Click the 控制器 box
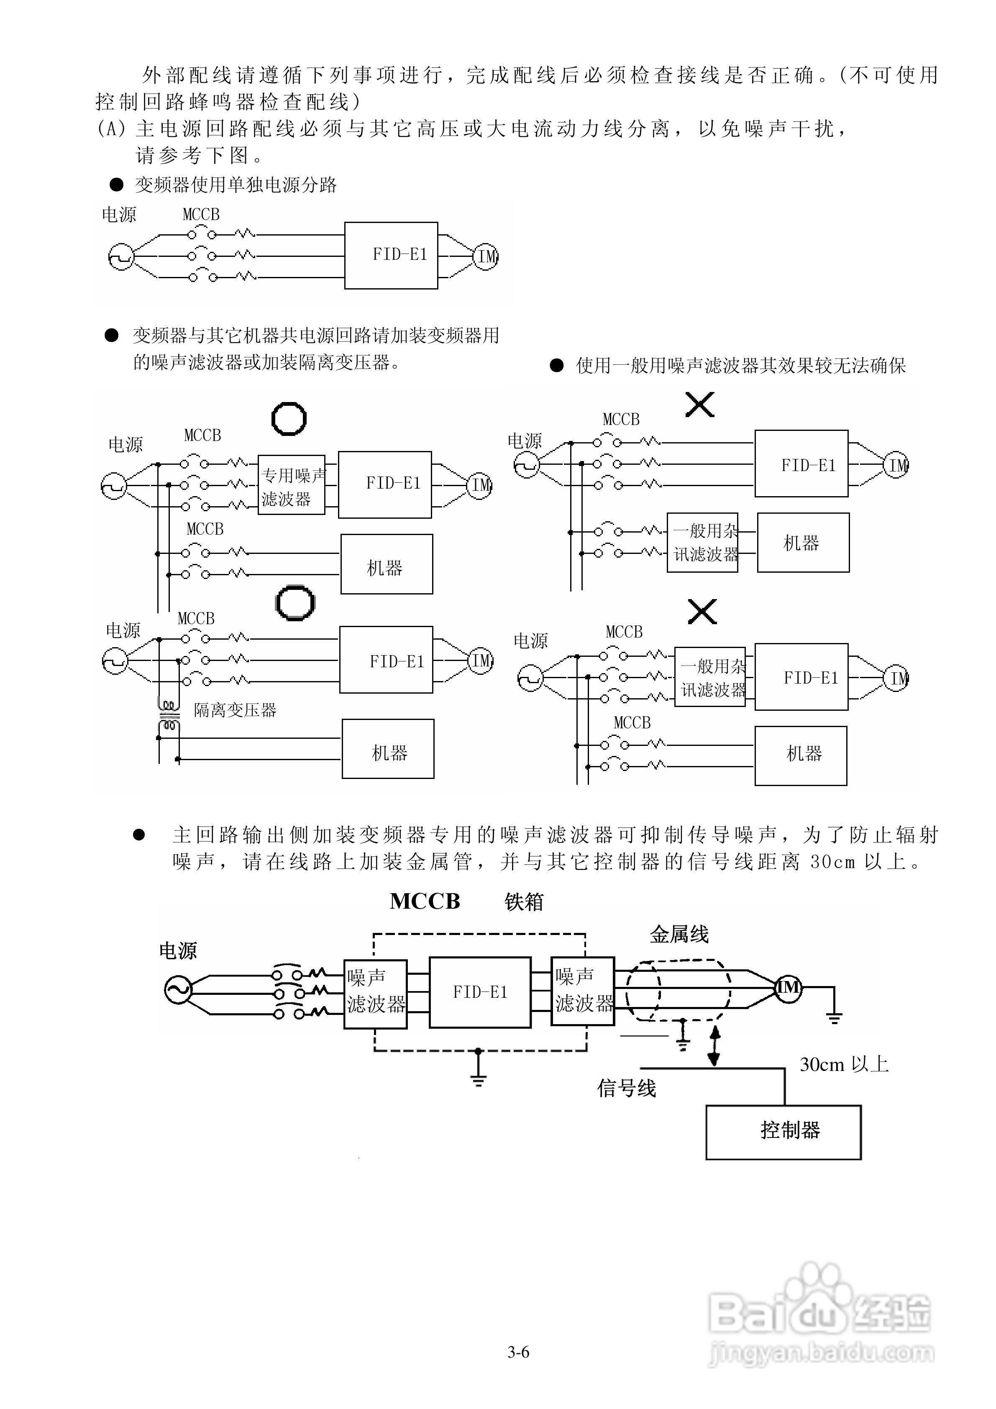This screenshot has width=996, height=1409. [783, 1132]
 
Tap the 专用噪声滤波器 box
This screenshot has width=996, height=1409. [292, 485]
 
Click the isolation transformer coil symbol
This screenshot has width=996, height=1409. [169, 715]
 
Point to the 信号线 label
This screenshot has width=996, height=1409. [627, 1089]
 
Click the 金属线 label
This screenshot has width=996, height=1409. [679, 935]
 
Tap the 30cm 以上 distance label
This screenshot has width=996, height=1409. [844, 1065]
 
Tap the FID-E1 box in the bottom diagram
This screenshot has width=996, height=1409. [480, 992]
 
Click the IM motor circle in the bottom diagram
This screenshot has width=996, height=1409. [788, 988]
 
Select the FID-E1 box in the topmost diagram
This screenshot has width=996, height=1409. [391, 255]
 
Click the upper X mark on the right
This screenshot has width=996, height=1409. [699, 405]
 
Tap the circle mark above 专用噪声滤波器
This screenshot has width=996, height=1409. [289, 419]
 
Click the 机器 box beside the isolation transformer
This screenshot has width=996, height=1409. [388, 749]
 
